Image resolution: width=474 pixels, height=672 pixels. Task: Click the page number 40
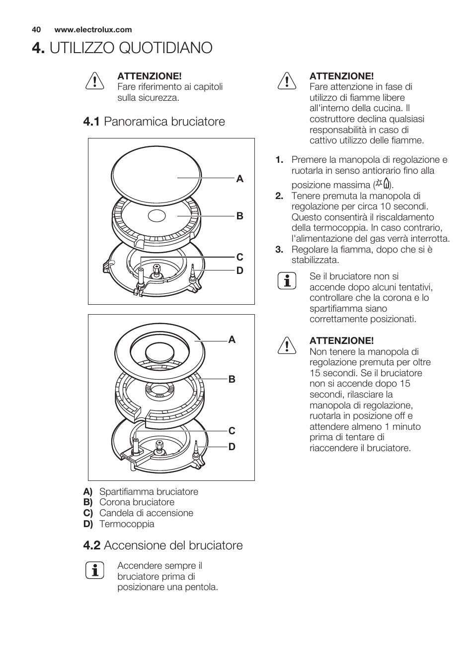tap(36, 30)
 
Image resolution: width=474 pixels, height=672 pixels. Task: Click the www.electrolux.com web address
tap(93, 30)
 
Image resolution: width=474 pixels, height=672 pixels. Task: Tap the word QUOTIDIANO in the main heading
tap(131, 48)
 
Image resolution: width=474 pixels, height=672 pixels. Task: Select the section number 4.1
tap(92, 122)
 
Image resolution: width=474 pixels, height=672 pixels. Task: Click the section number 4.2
tap(92, 545)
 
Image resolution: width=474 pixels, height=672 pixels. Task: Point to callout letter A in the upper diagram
tap(240, 179)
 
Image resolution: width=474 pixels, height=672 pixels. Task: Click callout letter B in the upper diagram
tap(240, 216)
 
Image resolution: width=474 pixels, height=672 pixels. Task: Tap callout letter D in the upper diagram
tap(240, 270)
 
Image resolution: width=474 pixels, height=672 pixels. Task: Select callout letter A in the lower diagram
tap(232, 340)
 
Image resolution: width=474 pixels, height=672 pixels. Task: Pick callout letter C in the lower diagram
tap(232, 431)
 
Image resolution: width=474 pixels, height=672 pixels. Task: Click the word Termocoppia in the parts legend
tap(127, 524)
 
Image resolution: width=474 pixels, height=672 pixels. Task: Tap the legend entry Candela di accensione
tap(146, 513)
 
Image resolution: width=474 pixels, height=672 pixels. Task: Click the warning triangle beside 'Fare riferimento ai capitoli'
tap(94, 81)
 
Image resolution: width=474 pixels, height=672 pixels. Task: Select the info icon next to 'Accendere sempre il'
tap(94, 570)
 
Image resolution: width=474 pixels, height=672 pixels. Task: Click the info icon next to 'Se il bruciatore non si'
tap(287, 281)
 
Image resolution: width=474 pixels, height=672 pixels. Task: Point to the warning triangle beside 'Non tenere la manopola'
tap(287, 345)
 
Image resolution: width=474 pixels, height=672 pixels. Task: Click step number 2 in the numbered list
tap(279, 196)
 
